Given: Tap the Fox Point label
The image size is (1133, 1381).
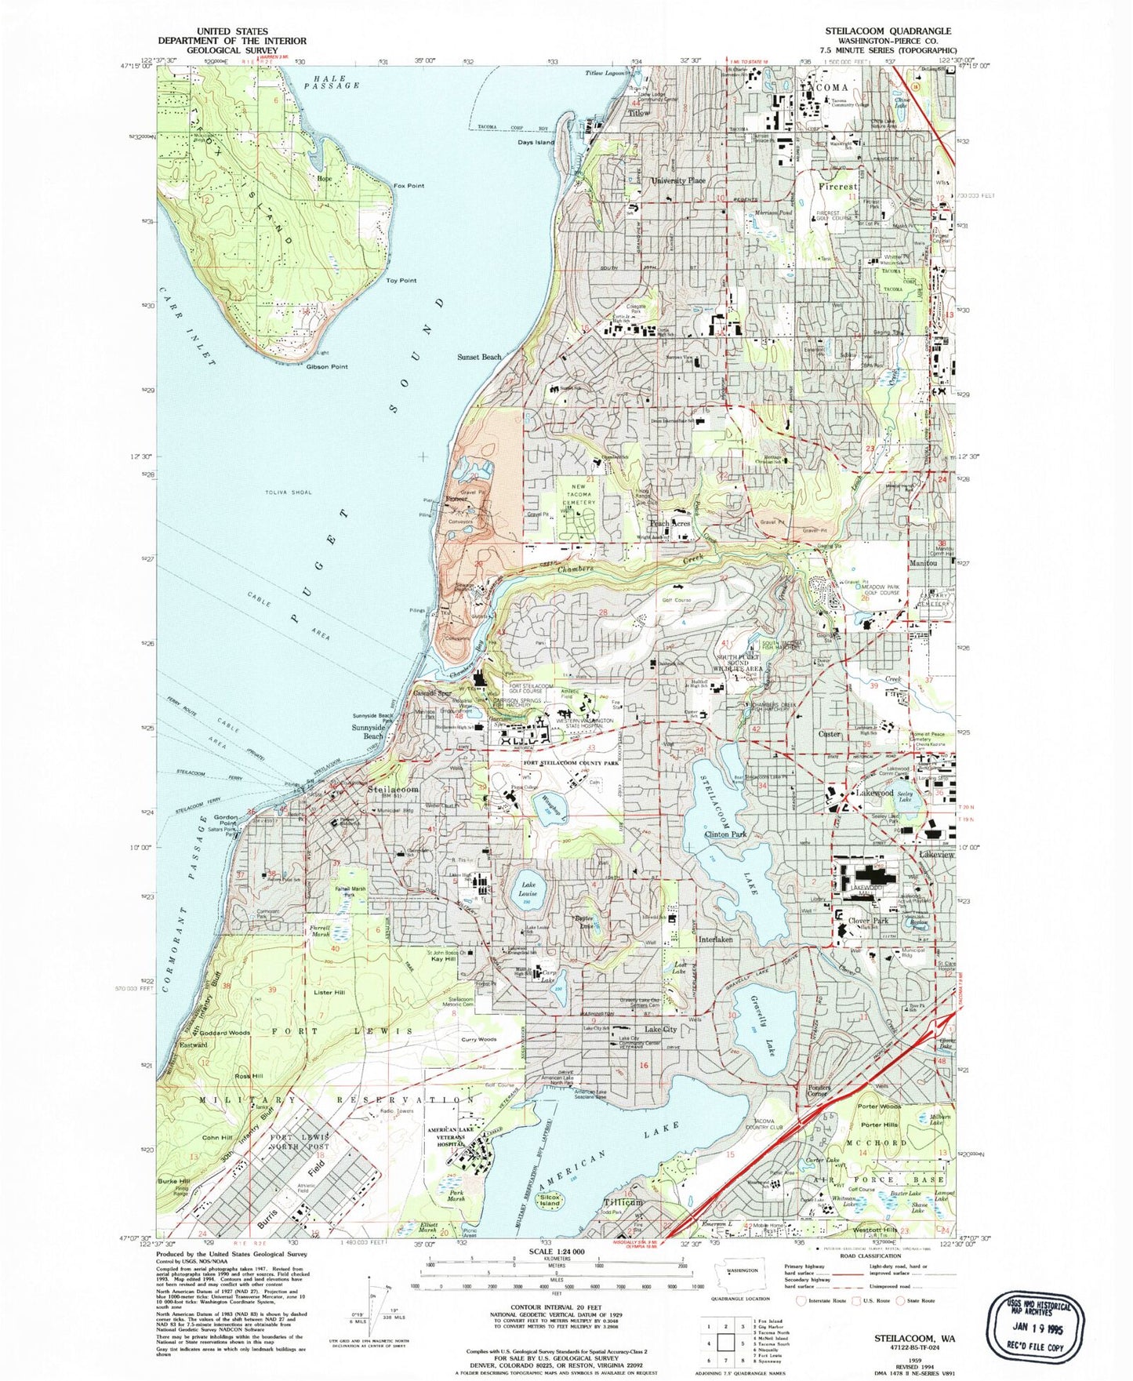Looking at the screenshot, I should (409, 186).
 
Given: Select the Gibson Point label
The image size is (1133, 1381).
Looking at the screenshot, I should (327, 366).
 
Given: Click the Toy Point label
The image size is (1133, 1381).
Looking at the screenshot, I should (401, 280).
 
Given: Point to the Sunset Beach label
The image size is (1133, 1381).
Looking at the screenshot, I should (479, 357).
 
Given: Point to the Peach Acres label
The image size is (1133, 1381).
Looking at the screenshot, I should (669, 523).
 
